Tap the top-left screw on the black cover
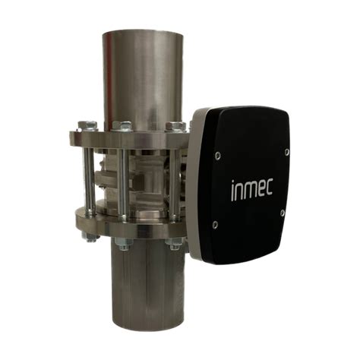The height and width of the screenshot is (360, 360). (x=218, y=156)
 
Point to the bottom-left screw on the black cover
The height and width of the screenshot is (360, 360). (x=216, y=224)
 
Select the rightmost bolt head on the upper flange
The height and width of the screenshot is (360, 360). (x=175, y=126)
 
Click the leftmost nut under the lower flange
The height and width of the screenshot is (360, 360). (x=92, y=238)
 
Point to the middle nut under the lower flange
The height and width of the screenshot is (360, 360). (x=124, y=245)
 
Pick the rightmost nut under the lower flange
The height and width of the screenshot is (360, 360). (x=175, y=244)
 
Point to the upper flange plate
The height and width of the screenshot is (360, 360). (x=129, y=141)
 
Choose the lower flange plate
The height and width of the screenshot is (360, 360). (x=129, y=226)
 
